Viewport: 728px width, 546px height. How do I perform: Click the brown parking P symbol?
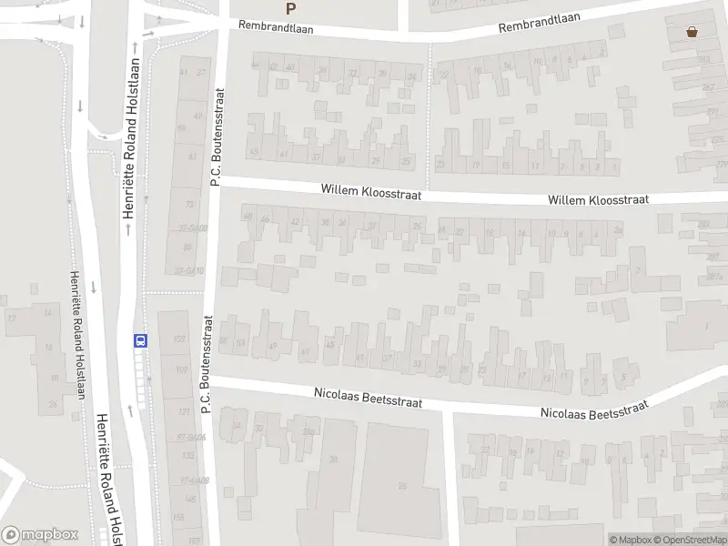point(291,9)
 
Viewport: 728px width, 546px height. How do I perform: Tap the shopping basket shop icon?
point(693,32)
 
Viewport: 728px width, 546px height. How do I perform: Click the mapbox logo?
point(40,535)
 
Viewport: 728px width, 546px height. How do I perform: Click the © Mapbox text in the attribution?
point(629,540)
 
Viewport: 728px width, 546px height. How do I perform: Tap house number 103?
point(179,339)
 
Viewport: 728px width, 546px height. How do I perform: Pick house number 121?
point(186,412)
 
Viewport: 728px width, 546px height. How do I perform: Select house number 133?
point(189,455)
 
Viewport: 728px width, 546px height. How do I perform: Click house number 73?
point(189,204)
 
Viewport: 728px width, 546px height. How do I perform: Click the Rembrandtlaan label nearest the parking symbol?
point(276,26)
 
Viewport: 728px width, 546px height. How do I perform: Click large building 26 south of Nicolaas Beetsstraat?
point(401,485)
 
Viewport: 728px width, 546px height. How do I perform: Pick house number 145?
point(189,499)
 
